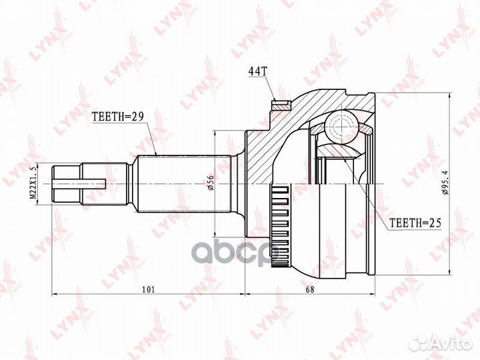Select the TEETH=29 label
(117, 116)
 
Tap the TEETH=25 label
(415, 223)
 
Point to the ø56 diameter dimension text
(211, 184)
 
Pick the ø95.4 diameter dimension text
(445, 184)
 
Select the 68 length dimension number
(310, 289)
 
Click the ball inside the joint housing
(342, 126)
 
